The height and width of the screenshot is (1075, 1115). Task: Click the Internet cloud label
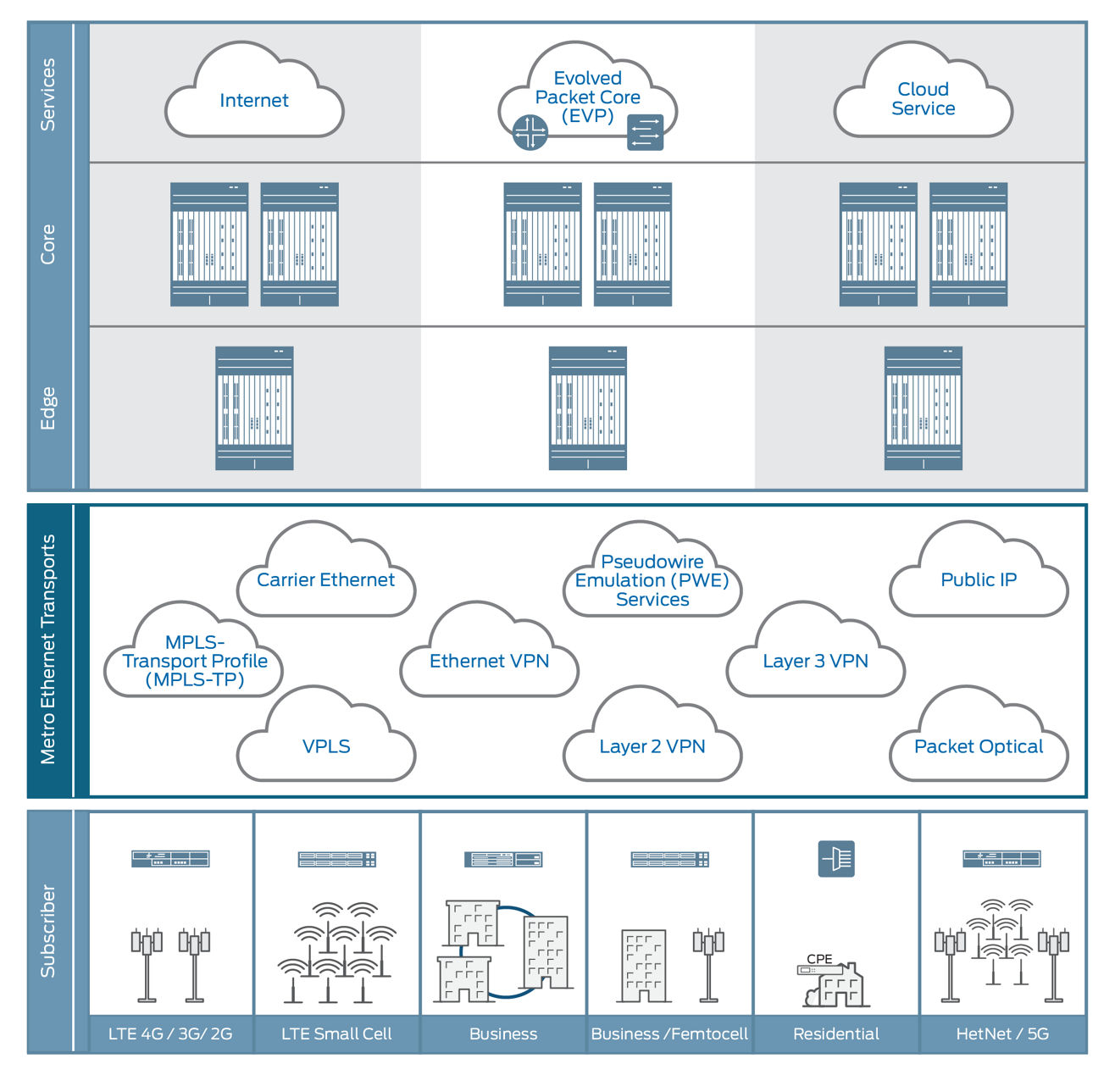coord(253,101)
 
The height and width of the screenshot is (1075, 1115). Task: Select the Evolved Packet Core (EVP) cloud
coord(587,97)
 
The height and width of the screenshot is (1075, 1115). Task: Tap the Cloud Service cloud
coord(923,99)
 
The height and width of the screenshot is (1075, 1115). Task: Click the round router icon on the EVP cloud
coord(530,133)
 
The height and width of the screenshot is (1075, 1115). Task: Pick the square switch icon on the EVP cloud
coord(645,133)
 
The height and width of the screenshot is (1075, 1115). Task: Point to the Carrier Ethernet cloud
coord(325,580)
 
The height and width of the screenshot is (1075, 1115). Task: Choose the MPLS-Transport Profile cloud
coord(194,661)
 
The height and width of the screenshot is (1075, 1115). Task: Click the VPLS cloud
coord(325,746)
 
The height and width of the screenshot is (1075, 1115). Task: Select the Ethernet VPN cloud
coord(489,661)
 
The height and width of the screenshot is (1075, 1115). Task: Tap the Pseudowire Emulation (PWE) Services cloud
coord(652,580)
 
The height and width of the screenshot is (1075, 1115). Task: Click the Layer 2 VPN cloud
coord(652,746)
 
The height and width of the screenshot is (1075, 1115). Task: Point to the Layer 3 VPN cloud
coord(815,661)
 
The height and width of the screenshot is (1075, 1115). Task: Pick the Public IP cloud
coord(978,580)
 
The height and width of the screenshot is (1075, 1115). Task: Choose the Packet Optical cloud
coord(978,746)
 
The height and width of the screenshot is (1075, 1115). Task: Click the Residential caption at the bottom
coord(835,1033)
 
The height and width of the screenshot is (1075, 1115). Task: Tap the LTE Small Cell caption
coord(336,1033)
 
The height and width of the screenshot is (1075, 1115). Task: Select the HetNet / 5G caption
coord(1002,1033)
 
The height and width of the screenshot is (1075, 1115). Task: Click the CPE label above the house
coord(819,959)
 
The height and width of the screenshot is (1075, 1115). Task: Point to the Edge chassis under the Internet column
coord(254,407)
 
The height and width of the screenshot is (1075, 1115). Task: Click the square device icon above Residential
coord(836,859)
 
